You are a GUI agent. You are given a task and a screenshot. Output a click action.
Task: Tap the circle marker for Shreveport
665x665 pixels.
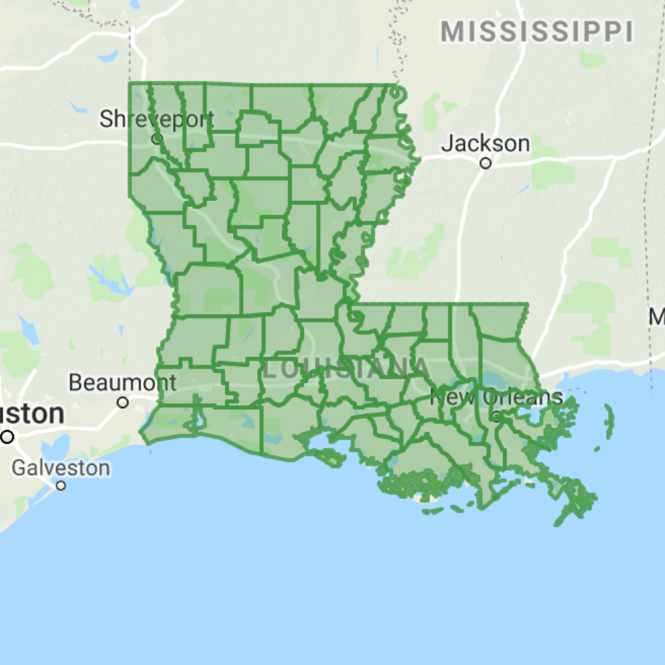[157, 139]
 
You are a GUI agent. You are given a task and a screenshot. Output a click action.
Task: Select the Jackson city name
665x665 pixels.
[485, 143]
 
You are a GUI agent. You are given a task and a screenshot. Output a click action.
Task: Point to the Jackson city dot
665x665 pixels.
[485, 163]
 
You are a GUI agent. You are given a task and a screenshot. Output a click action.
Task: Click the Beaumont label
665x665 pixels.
[122, 383]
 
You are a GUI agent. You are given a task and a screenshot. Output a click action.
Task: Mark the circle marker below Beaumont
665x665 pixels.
[122, 402]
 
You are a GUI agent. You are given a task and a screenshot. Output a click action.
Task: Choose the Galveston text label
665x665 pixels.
[61, 467]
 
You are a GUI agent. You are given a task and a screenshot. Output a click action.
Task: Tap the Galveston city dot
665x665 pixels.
[61, 485]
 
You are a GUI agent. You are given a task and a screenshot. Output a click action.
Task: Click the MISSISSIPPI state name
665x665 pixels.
[537, 31]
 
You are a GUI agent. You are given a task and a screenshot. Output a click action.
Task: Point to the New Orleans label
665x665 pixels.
[496, 397]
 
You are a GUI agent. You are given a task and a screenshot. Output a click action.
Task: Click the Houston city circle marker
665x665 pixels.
[7, 437]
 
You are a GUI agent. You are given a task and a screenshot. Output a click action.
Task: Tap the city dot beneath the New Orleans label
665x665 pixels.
[497, 416]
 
